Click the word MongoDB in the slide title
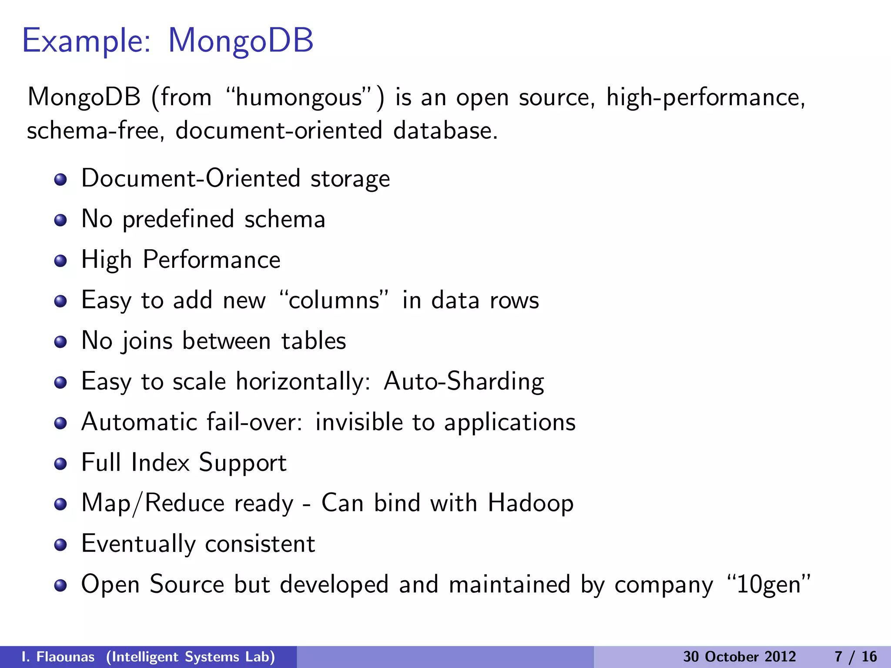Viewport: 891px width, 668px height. (241, 41)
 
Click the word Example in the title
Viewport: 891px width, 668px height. (86, 41)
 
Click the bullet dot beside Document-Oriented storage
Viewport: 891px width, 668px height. (60, 180)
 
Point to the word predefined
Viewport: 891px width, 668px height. (178, 219)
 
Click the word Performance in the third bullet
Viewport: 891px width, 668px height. (211, 260)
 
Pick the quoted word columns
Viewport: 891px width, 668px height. (334, 300)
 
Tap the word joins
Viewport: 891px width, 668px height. (147, 341)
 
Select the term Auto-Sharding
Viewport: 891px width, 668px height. (464, 381)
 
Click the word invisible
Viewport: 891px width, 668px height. (359, 422)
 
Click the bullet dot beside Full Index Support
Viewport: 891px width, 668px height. (60, 464)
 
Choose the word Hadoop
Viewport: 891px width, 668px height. (530, 503)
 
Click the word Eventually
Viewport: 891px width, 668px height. (138, 544)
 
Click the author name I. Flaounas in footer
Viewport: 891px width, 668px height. (58, 657)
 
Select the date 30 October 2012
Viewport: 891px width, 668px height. (739, 657)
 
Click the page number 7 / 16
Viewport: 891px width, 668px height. (856, 657)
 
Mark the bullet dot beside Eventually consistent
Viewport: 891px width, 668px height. (60, 545)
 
